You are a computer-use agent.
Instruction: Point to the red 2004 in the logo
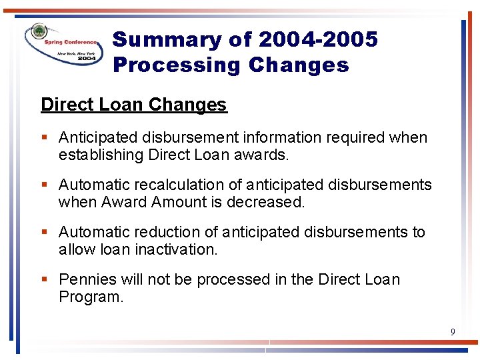86,59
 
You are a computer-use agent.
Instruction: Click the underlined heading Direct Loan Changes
133,105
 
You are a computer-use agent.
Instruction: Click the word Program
91,296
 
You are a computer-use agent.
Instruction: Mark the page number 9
453,331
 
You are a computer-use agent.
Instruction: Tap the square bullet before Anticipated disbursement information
44,138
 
